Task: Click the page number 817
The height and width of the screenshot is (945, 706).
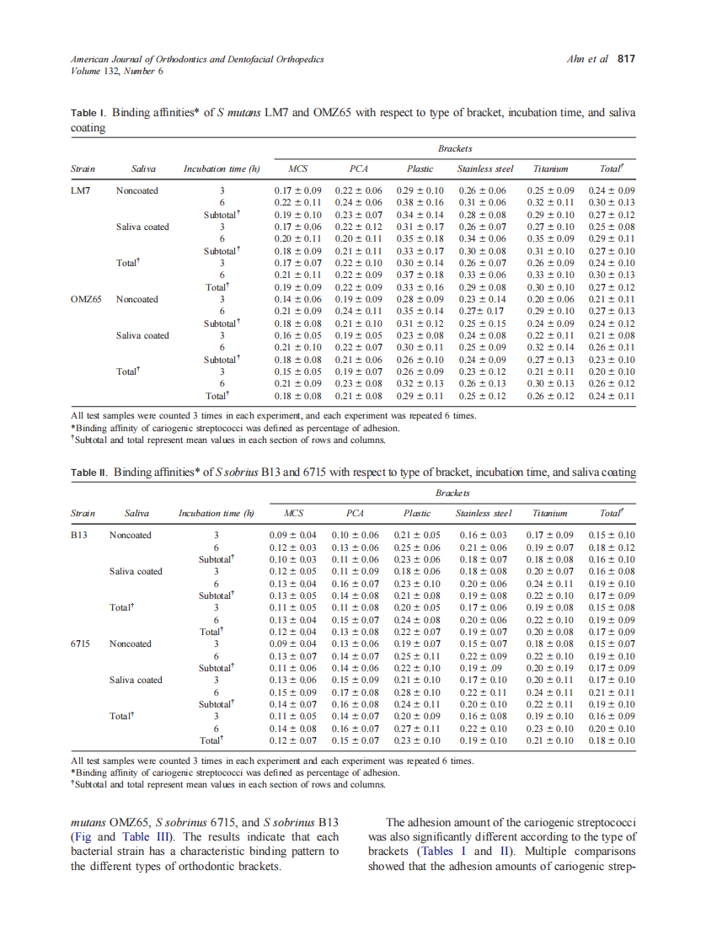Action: (625, 59)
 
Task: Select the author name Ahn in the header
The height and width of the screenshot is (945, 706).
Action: (578, 59)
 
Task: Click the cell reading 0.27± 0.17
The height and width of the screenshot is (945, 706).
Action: (480, 311)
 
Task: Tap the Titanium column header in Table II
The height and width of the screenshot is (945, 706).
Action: (549, 513)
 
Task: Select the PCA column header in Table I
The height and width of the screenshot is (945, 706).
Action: (359, 168)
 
